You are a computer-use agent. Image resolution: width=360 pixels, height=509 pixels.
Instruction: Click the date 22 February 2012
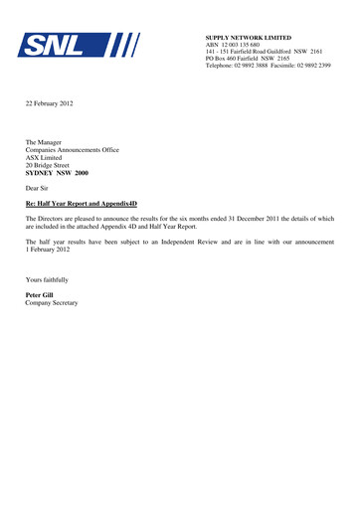click(50, 103)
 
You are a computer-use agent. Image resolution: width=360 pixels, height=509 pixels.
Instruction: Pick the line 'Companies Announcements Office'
click(72, 150)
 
